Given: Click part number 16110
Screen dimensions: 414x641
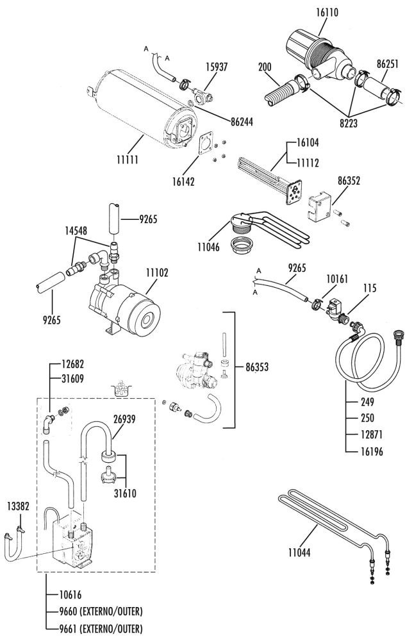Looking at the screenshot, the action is [327, 13].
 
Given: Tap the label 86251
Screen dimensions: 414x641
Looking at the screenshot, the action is [388, 65].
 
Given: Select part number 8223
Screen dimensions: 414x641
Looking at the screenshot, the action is [348, 124].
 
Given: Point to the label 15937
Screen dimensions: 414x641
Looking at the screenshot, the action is [217, 67].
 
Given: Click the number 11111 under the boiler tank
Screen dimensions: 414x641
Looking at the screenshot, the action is [128, 160].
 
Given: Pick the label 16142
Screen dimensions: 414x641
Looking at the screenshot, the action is [183, 181].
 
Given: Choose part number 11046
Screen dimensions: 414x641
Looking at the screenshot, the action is [208, 247].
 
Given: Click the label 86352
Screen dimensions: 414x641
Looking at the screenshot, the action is [349, 181].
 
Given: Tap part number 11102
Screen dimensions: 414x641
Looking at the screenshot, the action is [158, 272].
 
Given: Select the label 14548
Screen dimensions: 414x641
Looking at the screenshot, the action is [76, 231].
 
